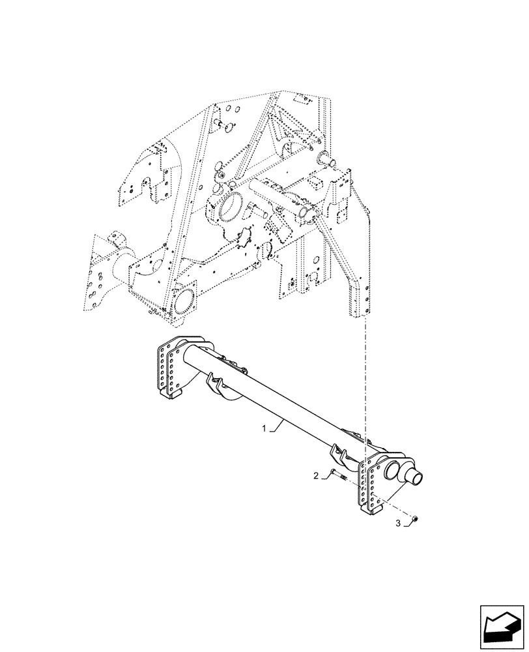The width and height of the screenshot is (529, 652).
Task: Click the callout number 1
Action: tap(263, 428)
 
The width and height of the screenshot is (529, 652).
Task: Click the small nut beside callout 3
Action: tap(416, 519)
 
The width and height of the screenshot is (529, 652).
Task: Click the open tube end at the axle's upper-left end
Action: tap(190, 353)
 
